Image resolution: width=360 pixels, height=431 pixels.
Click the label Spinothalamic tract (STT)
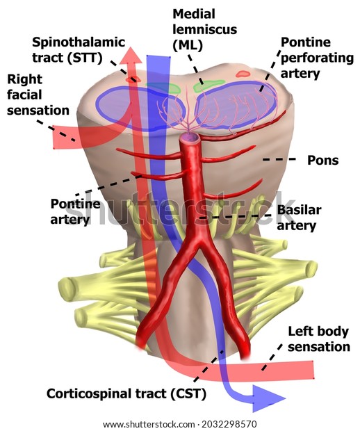(79, 50)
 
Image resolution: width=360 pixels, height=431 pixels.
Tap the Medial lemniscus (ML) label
(205, 30)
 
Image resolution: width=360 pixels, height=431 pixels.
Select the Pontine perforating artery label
(317, 58)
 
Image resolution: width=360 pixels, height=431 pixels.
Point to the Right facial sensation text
(38, 95)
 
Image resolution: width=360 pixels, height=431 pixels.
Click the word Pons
(322, 161)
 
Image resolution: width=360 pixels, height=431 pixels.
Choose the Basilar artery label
(299, 218)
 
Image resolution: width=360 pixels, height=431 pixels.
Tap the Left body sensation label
(319, 339)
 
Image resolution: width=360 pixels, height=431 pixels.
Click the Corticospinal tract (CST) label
(126, 393)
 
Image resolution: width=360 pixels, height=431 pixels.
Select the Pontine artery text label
(75, 211)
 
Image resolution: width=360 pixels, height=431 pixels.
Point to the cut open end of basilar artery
(189, 137)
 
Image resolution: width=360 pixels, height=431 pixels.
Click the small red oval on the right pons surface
(243, 74)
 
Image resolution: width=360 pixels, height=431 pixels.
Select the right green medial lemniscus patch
(208, 86)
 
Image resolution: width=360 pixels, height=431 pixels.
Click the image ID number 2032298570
(229, 424)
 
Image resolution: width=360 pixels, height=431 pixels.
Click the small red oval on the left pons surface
(133, 79)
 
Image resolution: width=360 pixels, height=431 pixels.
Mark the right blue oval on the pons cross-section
(236, 105)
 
